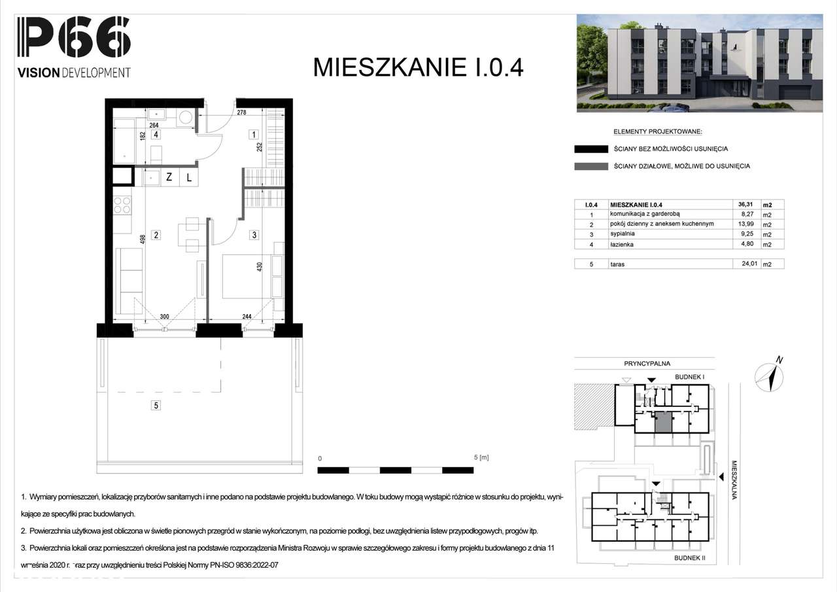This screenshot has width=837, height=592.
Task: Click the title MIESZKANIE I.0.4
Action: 418,67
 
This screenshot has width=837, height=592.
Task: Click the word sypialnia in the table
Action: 623,234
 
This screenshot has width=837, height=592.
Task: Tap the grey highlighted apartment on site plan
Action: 662,422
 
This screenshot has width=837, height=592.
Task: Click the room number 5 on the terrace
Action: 156,406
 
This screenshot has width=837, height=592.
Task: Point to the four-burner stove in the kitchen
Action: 122,205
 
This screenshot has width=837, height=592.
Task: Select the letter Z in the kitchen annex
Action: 169,177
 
